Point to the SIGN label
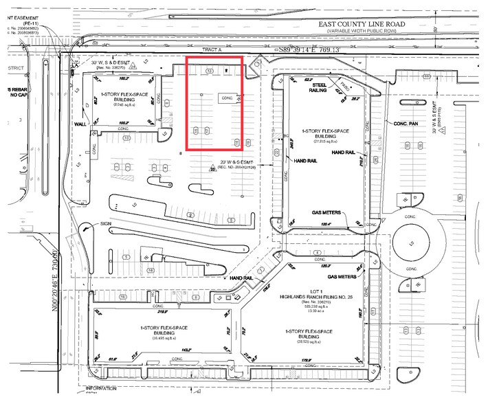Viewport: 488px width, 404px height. click(x=105, y=223)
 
